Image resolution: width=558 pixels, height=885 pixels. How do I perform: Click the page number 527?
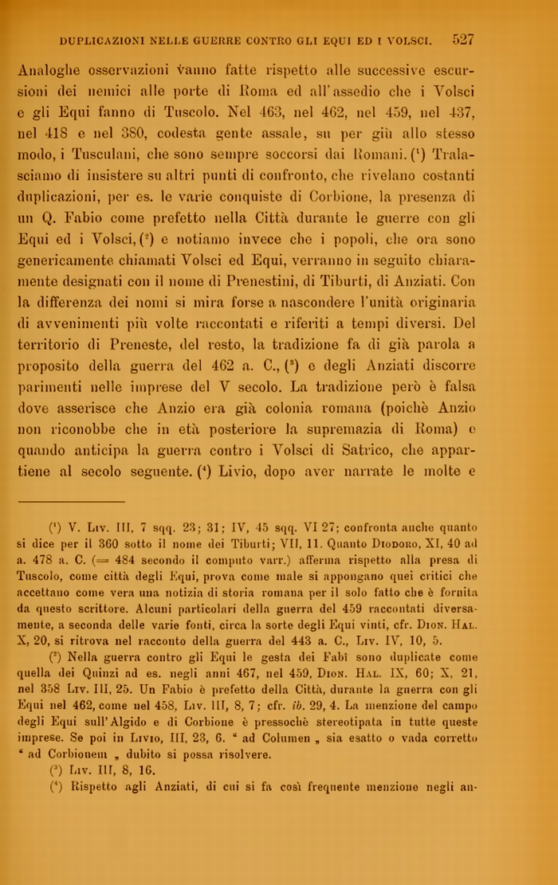[462, 38]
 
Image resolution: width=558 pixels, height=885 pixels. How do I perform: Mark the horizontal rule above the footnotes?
[71, 501]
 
